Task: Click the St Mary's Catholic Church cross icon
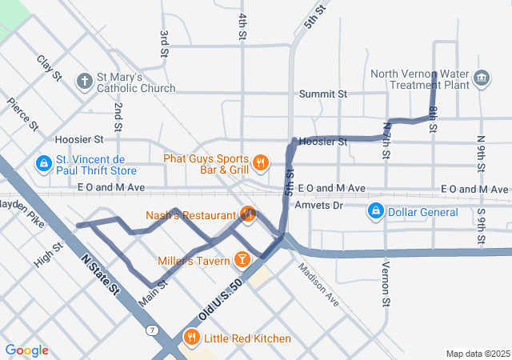point(84,80)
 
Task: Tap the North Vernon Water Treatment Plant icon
point(481,78)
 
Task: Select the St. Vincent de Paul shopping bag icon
point(42,163)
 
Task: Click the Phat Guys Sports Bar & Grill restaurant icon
point(260,164)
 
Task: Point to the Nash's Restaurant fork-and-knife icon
point(247,214)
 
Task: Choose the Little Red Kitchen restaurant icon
point(191,338)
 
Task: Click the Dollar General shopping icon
point(374,211)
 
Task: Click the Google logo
point(26,350)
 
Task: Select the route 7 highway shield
point(152,330)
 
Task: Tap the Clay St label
point(49,68)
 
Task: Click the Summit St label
point(323,94)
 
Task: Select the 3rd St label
point(163,44)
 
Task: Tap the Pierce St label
point(22,114)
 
